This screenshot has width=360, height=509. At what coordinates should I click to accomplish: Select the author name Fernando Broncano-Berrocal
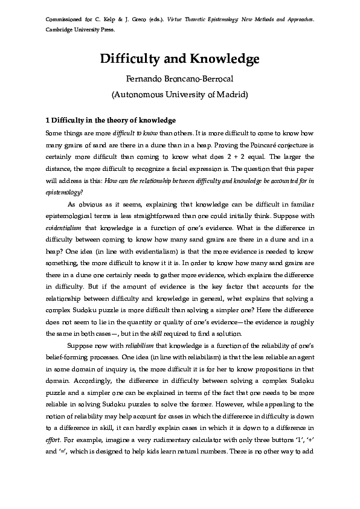[179, 78]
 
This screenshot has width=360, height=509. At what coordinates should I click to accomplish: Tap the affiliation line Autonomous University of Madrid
[179, 94]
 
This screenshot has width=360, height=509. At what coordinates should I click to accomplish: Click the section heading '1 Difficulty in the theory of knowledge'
[111, 120]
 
